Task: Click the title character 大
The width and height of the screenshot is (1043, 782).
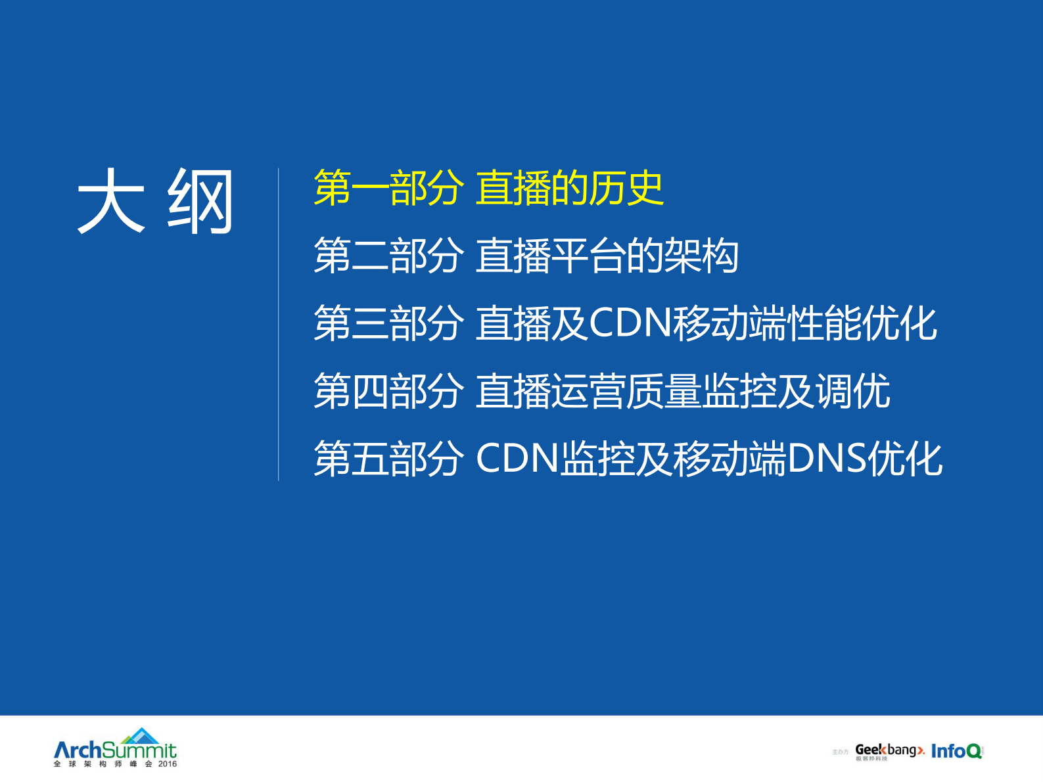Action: point(110,201)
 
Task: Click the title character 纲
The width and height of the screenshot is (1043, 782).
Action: point(201,201)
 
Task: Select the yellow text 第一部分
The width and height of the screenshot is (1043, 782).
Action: point(388,188)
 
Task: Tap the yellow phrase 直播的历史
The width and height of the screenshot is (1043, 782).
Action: point(569,188)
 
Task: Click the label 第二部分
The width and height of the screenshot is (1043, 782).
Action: point(388,256)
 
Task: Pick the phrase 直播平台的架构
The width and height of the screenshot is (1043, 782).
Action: point(607,256)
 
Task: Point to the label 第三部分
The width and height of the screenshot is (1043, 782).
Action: point(388,323)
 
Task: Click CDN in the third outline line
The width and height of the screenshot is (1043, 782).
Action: point(630,323)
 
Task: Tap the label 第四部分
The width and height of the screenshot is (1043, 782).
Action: point(388,391)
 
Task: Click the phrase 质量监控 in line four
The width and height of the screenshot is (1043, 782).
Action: point(701,391)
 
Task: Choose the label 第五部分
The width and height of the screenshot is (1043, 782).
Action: point(388,459)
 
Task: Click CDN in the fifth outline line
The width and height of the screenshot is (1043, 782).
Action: point(517,459)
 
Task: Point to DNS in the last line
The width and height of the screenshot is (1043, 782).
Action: point(826,459)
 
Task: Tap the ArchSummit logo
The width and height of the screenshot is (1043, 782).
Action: point(115,750)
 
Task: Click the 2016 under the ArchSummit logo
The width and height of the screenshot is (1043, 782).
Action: point(168,764)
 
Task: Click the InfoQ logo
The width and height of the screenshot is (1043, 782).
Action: point(956,750)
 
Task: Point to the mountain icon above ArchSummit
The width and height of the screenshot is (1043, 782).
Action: point(141,735)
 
